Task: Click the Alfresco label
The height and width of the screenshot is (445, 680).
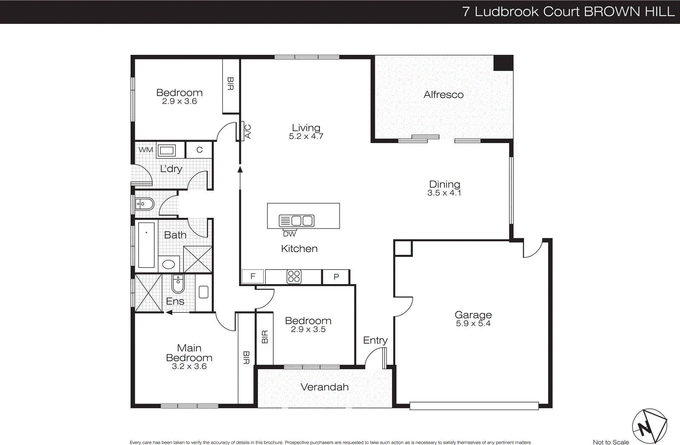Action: click(443, 95)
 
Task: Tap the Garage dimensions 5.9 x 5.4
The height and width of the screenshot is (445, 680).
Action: click(473, 324)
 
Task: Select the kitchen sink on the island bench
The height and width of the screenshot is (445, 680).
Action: click(297, 221)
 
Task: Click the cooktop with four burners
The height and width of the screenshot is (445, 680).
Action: click(294, 277)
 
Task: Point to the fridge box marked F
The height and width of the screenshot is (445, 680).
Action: click(253, 277)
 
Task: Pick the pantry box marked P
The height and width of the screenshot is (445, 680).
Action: click(336, 277)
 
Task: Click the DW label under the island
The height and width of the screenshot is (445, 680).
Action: click(289, 234)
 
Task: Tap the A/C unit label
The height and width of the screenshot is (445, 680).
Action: click(248, 132)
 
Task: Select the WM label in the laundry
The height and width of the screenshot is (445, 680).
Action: click(146, 150)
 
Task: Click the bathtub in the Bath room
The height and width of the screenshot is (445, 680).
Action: click(146, 245)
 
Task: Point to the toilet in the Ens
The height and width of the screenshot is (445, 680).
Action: click(178, 284)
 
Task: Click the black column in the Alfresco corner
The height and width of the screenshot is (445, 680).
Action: click(503, 63)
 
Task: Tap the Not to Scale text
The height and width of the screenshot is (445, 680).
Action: click(611, 442)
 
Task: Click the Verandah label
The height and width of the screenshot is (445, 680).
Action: click(324, 387)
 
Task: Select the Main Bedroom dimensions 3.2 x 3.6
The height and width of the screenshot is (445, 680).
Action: click(189, 366)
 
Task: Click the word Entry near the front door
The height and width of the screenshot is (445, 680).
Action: click(375, 340)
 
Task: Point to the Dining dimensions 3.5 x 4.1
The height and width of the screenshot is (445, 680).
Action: click(444, 193)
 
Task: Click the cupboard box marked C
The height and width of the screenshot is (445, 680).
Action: click(199, 150)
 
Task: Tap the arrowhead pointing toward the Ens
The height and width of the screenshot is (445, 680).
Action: click(169, 313)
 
